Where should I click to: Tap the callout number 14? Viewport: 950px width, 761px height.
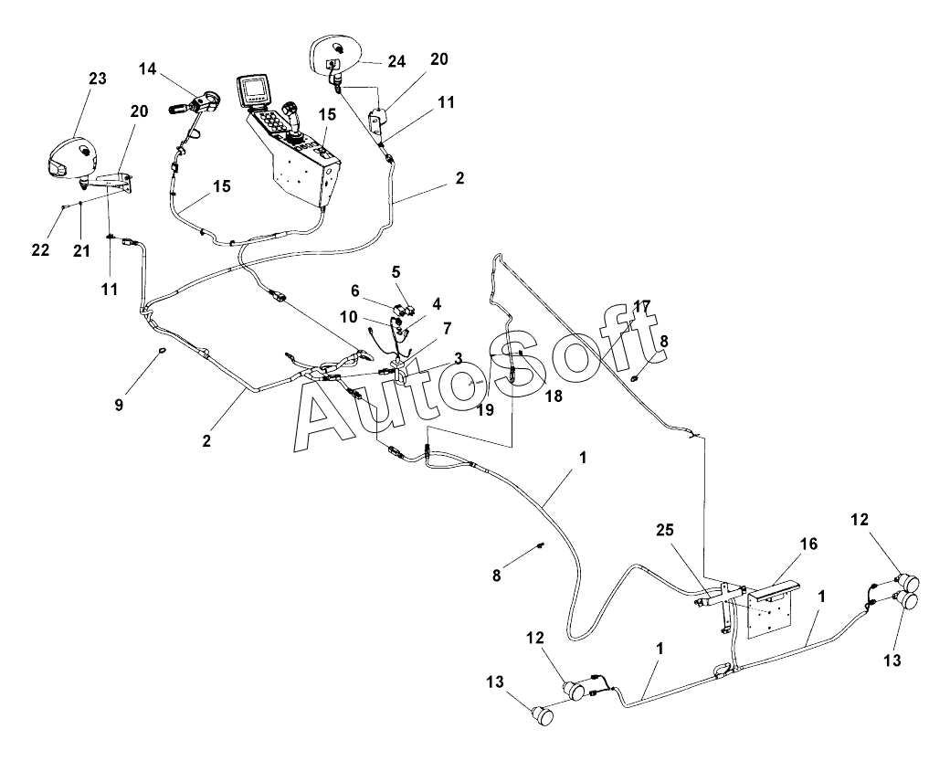click(149, 69)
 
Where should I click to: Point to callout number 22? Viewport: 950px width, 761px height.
click(40, 250)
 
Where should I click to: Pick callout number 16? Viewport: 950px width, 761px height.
click(808, 544)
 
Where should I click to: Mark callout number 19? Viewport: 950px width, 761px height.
click(485, 410)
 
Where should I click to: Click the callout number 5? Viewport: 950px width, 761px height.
click(396, 271)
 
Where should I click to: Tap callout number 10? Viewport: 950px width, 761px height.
click(349, 317)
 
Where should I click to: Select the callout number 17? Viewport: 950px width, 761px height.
click(642, 305)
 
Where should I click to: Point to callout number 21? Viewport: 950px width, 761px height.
click(81, 250)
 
